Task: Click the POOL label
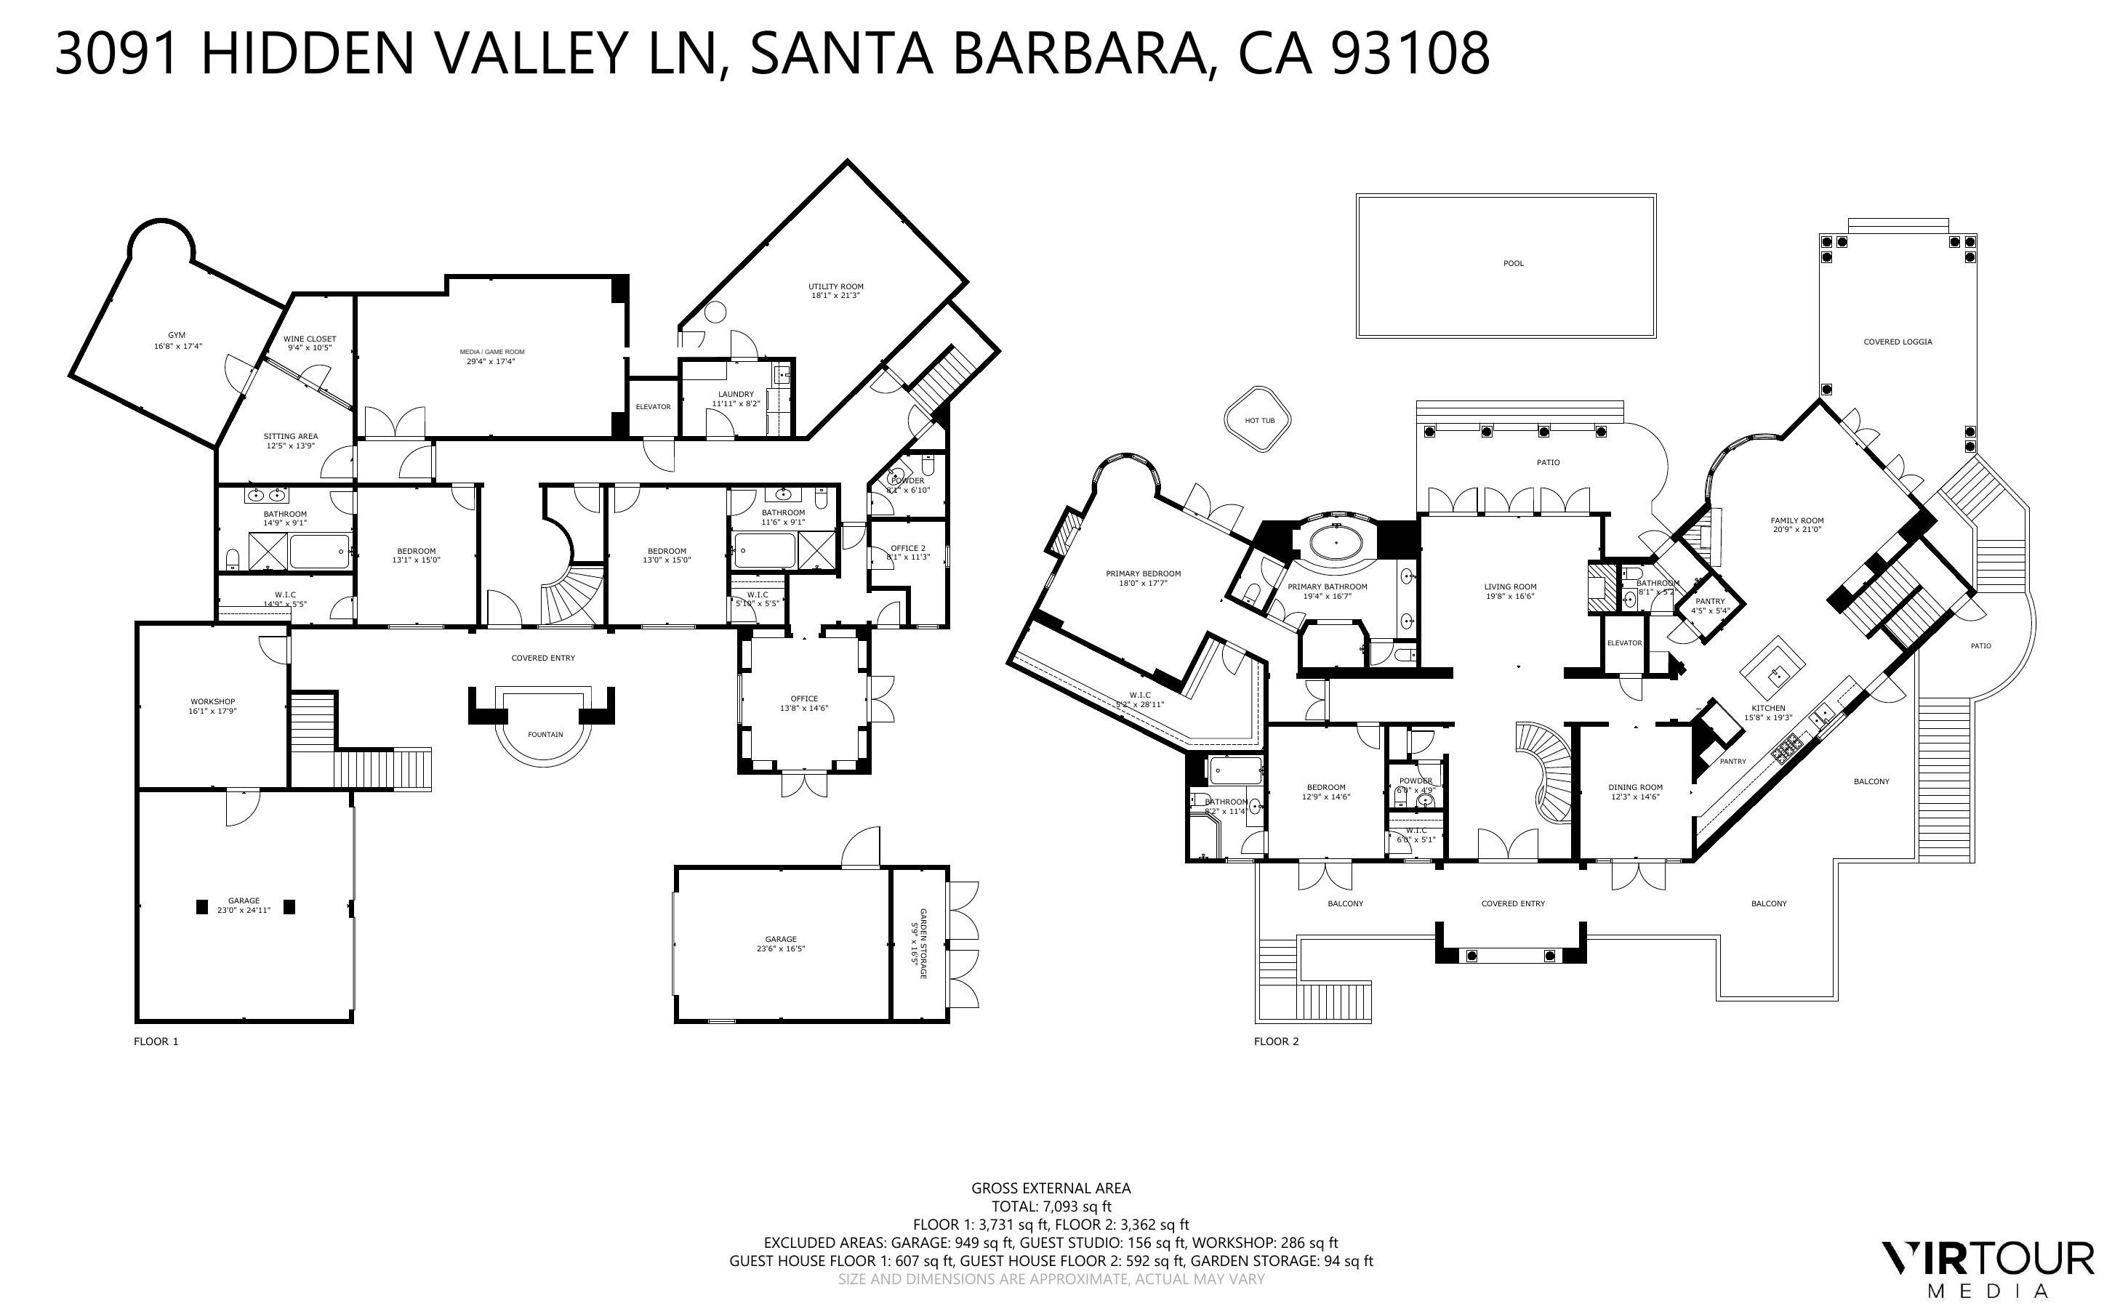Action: coord(1513,263)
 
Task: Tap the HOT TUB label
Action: coord(1259,421)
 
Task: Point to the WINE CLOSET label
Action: coord(310,339)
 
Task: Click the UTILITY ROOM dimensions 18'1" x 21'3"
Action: coord(835,296)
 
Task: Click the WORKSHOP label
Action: coord(212,701)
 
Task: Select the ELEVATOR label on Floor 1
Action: coord(653,407)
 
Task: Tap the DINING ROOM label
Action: coord(1634,787)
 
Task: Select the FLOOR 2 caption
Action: coord(1276,1041)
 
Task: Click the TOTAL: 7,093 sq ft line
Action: coord(1051,1206)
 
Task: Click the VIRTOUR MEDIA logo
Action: coord(1987,1270)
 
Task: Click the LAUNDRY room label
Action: coord(735,395)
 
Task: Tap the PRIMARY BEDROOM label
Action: coord(1143,573)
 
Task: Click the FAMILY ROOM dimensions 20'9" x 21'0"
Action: coord(1796,529)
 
